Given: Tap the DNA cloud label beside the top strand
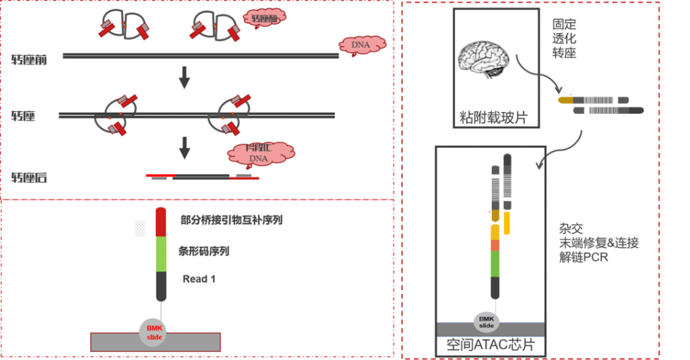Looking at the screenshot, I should [363, 45].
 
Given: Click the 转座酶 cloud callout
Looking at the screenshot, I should [263, 19].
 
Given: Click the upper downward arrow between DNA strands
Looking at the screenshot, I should [183, 79].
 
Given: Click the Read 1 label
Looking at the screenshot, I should [199, 278].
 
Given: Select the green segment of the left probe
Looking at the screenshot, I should [161, 254].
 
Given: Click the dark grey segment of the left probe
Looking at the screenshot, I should [161, 286].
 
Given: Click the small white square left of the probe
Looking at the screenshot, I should [140, 229].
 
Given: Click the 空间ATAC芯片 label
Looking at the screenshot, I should [490, 345].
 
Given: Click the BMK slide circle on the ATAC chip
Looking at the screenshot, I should [487, 322].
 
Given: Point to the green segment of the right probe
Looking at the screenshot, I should [495, 263].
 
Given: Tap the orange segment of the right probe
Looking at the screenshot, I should [495, 245].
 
